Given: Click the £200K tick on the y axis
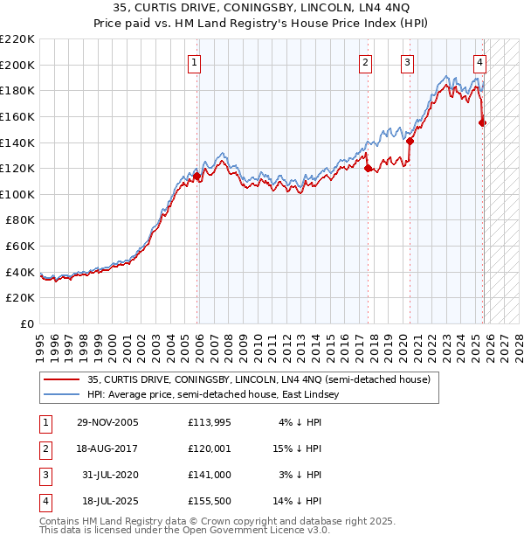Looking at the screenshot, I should tap(17, 65).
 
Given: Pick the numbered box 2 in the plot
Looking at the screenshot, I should tap(364, 62).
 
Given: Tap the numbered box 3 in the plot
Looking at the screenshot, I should tap(408, 62).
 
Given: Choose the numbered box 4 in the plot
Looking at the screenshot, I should tap(480, 62).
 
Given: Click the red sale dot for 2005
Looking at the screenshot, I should tap(197, 176).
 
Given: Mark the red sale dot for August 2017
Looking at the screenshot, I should tap(368, 168).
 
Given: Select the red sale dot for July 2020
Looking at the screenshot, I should tap(410, 141).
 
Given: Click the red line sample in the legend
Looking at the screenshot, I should tap(61, 380).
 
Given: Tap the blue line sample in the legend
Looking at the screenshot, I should tap(61, 395).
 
